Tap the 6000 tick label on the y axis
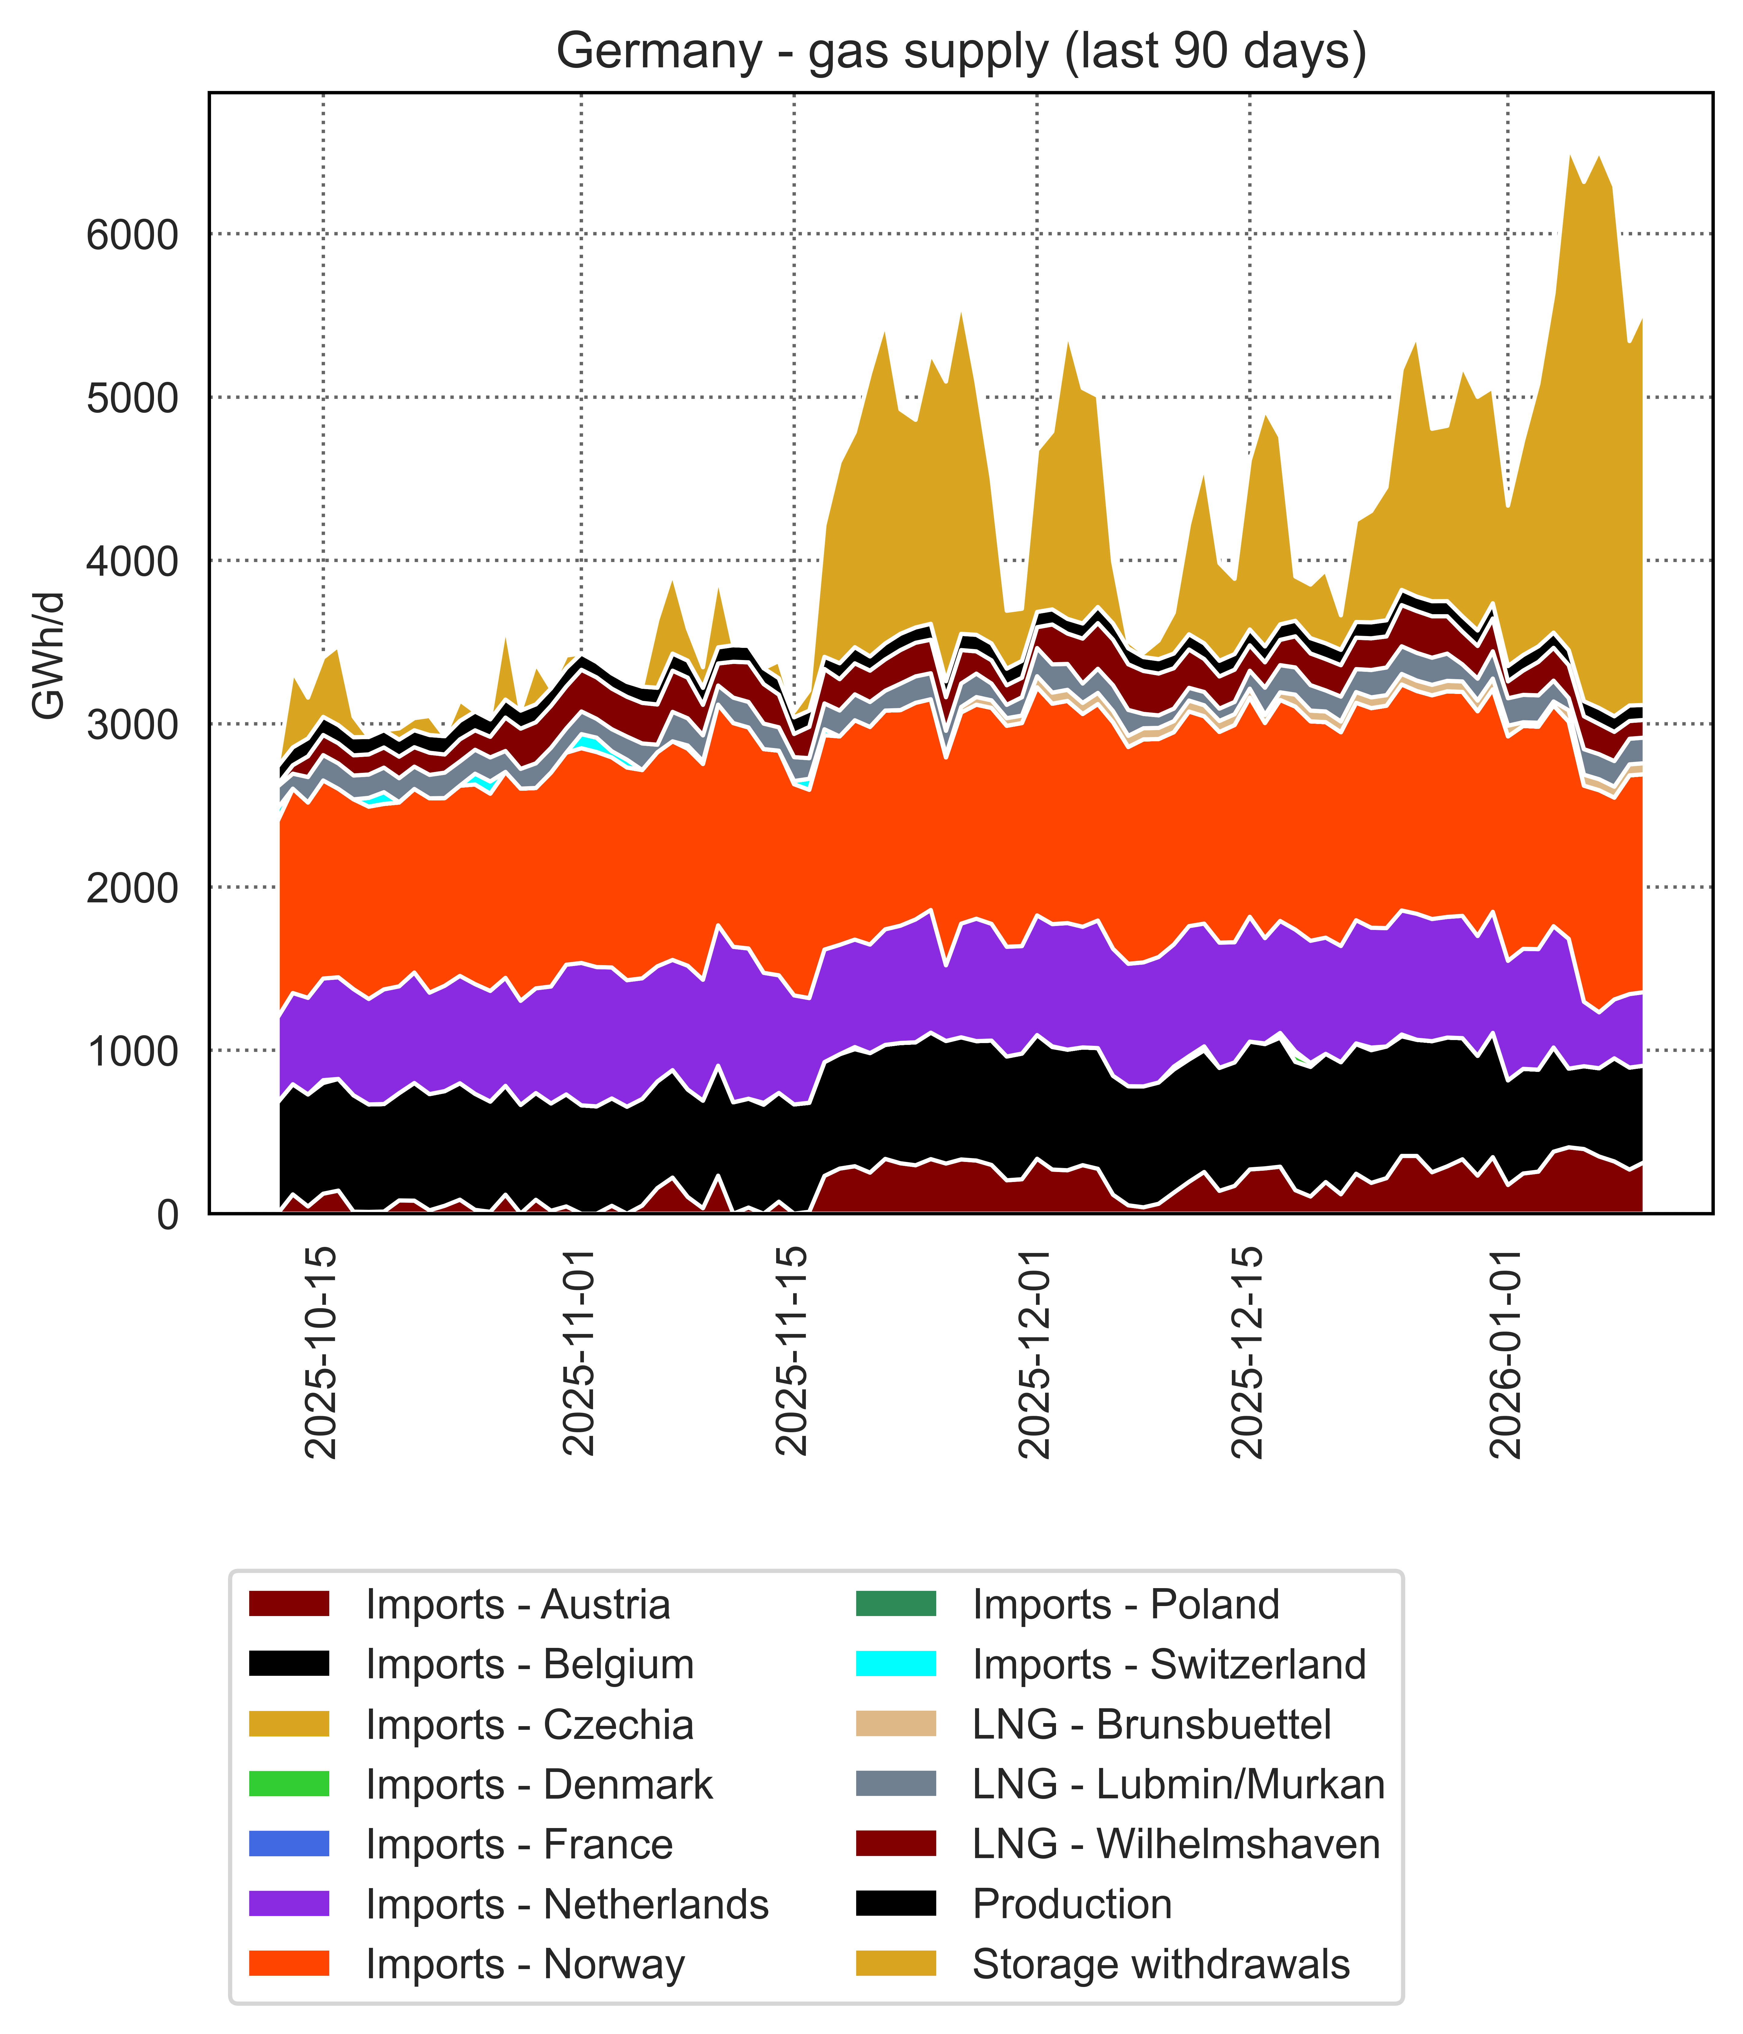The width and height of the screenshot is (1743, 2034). click(x=132, y=236)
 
